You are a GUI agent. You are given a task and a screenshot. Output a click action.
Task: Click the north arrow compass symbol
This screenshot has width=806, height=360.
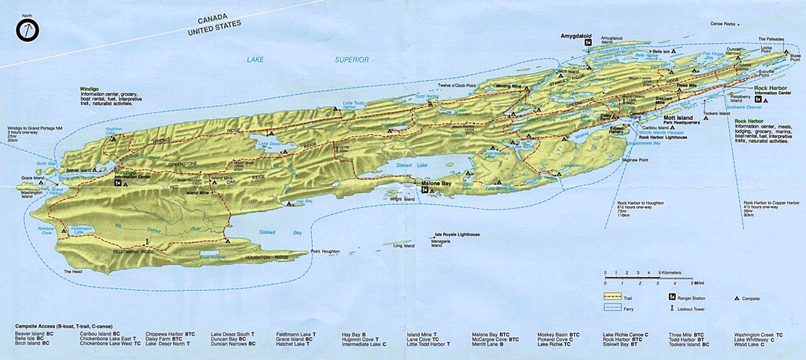[27, 31]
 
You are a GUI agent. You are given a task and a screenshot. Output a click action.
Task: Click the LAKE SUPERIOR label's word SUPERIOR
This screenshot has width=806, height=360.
[352, 60]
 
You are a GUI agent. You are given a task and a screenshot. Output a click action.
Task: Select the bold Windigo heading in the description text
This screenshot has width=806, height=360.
[90, 88]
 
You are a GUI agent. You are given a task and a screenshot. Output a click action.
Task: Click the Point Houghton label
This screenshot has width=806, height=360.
[325, 251]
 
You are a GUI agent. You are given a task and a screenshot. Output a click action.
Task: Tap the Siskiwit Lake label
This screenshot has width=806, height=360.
[412, 165]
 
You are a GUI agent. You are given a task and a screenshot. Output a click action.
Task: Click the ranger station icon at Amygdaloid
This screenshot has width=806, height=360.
[589, 42]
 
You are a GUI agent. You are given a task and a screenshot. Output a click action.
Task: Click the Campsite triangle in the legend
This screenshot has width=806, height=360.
[737, 298]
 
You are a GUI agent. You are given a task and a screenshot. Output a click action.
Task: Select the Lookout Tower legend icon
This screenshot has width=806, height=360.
[672, 308]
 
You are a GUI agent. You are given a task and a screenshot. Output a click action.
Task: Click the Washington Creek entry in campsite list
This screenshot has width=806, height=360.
[754, 334]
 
